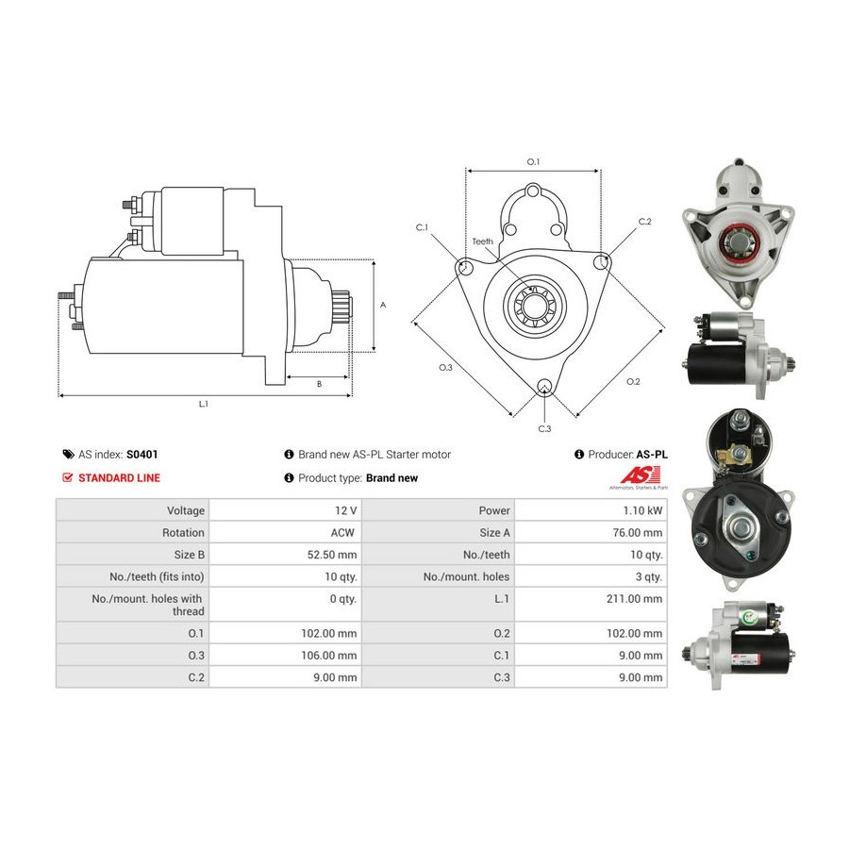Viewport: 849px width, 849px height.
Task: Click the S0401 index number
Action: (x=141, y=455)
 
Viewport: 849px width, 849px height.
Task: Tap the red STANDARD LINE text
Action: (x=119, y=477)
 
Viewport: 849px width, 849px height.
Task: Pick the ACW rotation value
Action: (x=342, y=532)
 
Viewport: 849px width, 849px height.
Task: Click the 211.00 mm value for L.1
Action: (x=634, y=598)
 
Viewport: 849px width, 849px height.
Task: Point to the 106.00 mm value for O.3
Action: (x=329, y=656)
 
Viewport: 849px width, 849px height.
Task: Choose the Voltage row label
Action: (x=186, y=510)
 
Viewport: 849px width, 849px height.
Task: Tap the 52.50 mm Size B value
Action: (x=332, y=555)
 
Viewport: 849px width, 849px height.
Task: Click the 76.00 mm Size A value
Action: (x=638, y=532)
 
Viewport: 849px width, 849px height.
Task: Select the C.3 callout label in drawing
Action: (x=544, y=429)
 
